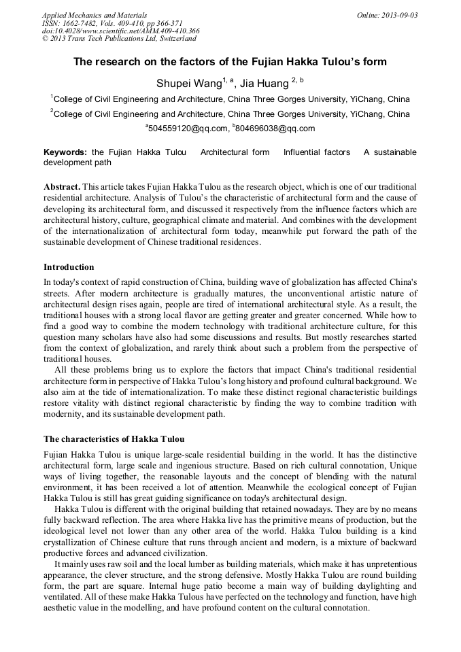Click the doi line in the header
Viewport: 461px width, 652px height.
(120, 31)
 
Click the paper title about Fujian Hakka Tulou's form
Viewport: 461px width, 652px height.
(230, 62)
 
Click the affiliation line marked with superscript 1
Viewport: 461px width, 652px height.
(231, 99)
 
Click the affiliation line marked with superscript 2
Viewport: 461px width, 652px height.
(231, 114)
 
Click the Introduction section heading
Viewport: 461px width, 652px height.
(69, 267)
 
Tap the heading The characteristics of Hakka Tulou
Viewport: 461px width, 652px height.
(114, 439)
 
